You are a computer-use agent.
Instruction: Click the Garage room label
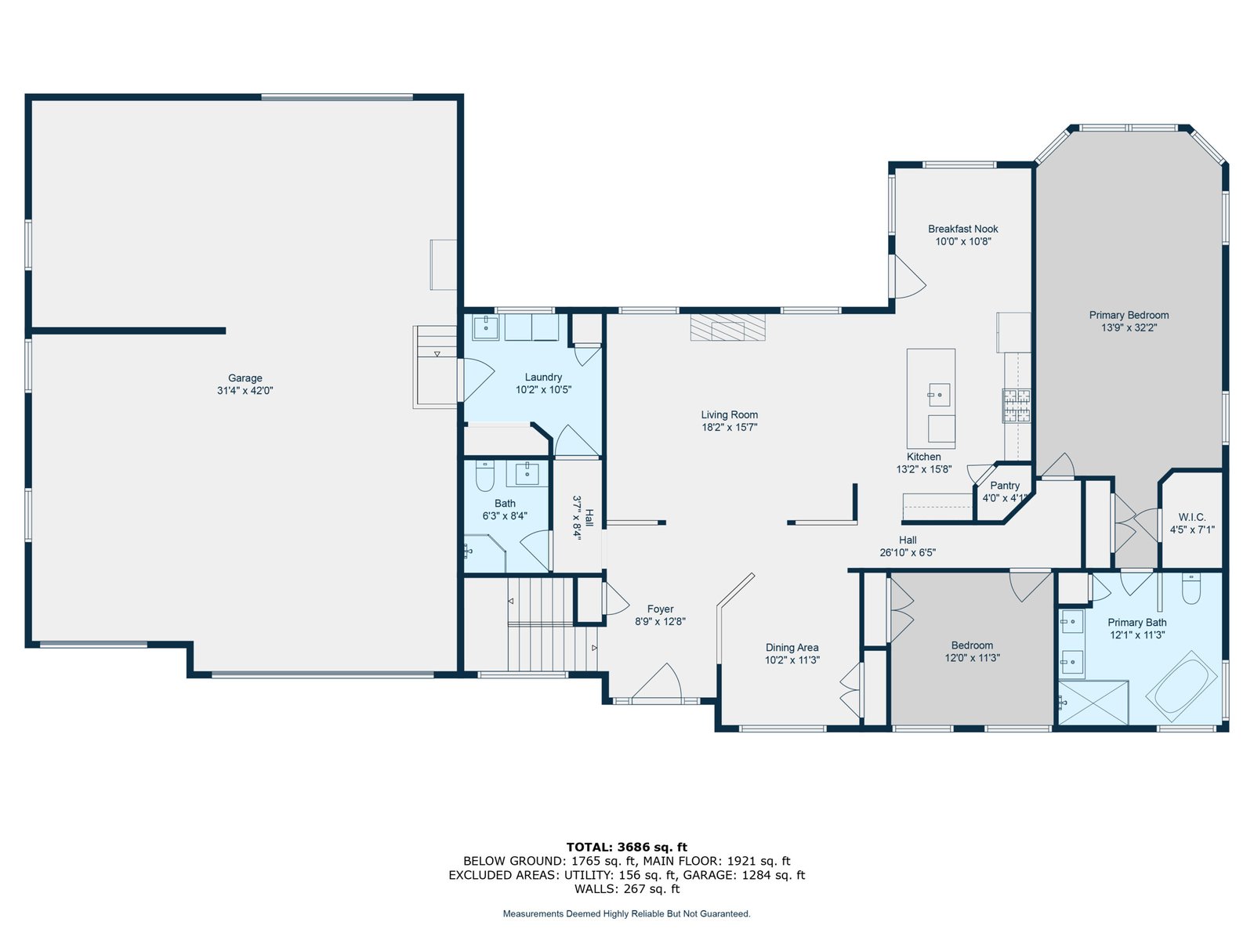pos(245,378)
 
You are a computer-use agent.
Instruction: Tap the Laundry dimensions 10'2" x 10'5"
pos(543,390)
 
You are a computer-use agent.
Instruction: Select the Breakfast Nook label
pos(962,229)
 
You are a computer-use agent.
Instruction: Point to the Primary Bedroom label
pos(1129,315)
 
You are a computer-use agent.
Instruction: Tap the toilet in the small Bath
pos(484,476)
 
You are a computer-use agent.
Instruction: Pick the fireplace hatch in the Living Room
pos(727,327)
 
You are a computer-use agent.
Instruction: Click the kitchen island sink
pos(939,394)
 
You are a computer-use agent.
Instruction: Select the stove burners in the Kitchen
pos(1017,406)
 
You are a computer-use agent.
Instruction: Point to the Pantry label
pos(1004,485)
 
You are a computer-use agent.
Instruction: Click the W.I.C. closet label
pos(1192,517)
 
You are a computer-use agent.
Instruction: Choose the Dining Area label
pos(792,647)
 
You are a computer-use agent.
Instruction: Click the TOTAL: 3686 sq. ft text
pos(627,847)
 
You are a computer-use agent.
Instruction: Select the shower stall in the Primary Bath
pos(1093,703)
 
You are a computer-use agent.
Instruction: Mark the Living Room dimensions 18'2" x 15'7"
pos(730,427)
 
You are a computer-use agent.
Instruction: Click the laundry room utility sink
pos(486,327)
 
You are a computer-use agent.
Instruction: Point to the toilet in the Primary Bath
pos(1191,588)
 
